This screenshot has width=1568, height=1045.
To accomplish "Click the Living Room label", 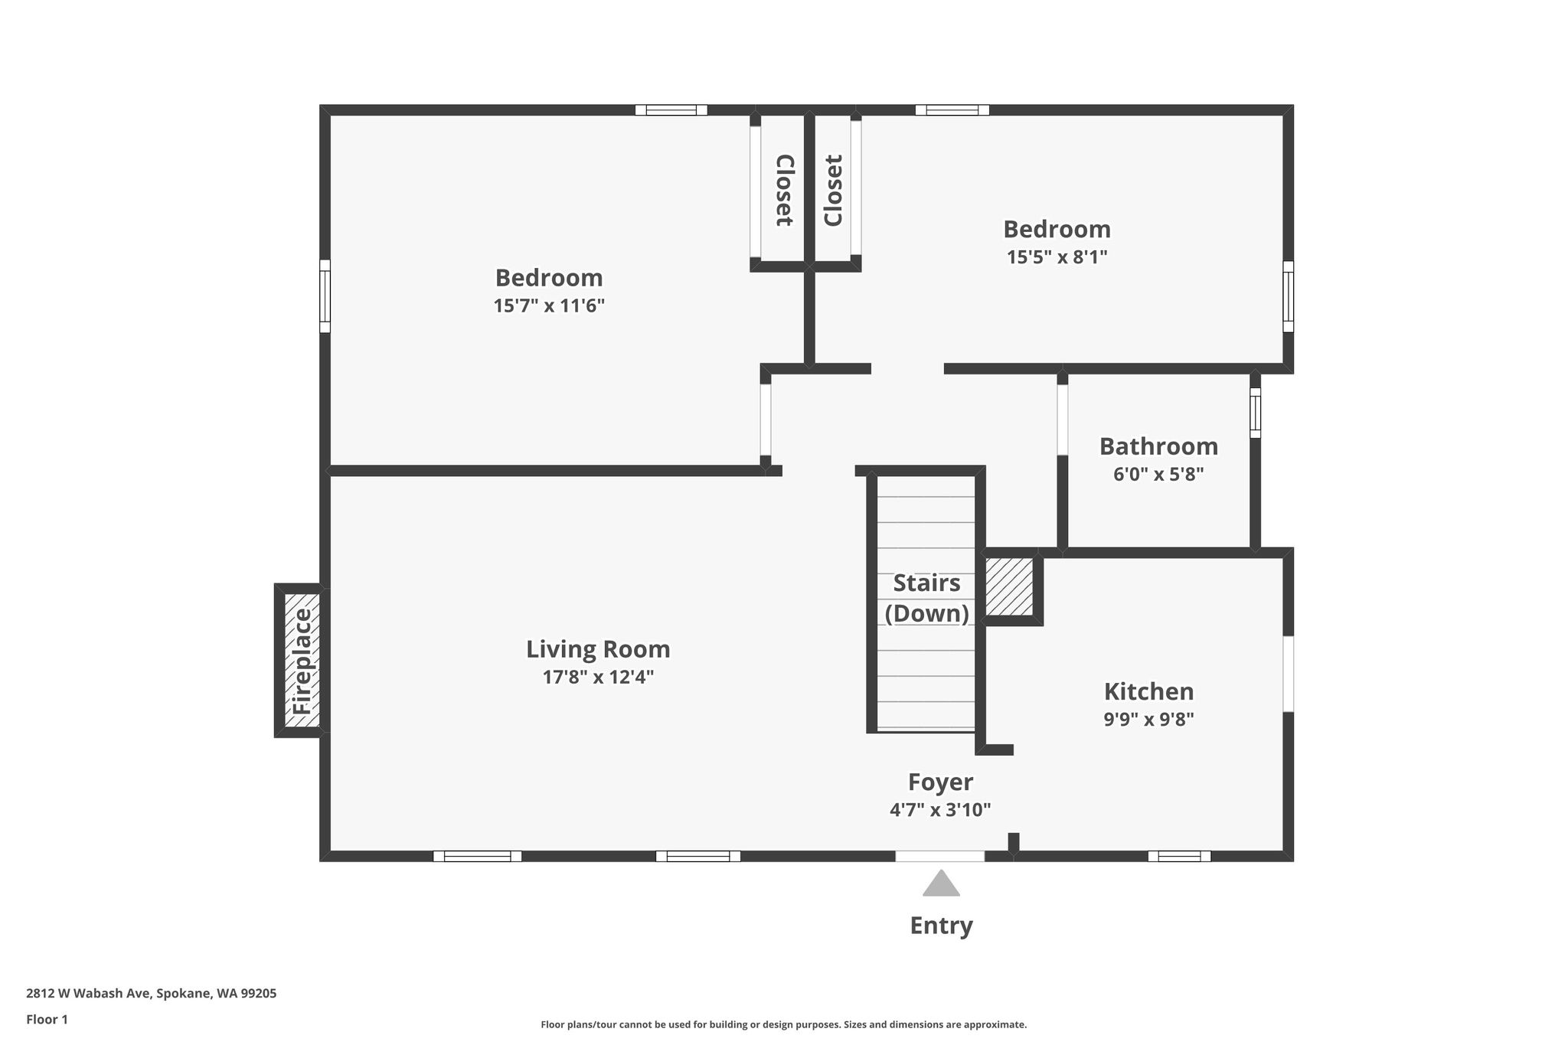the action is pos(598,649).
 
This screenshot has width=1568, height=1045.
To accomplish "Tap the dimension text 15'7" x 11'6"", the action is pos(549,306).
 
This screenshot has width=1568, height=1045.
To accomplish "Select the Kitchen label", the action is pos(1148,691).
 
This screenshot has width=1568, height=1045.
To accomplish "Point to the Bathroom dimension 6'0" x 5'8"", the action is pos(1158,475).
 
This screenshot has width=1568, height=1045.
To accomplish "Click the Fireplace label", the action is pos(303,661).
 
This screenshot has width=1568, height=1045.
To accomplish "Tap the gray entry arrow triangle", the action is pos(941,883).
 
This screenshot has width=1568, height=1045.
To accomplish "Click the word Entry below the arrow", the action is pos(941,926).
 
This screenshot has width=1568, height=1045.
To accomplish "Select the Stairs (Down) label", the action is pos(926,598).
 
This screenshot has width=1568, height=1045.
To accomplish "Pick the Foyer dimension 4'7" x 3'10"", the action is pos(940,810).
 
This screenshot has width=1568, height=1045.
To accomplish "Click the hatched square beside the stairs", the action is pos(1009,586).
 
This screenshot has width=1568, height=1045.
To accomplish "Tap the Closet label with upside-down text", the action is pos(784,191).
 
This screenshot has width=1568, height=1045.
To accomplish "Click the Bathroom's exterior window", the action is pos(1255,413).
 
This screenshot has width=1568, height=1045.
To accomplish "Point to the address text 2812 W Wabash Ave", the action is pos(90,994).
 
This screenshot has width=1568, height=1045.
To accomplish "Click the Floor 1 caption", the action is pos(47,1019).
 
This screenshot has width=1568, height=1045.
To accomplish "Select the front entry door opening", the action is pos(940,856).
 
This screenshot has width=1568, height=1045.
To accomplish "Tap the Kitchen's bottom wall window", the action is pos(1179,856).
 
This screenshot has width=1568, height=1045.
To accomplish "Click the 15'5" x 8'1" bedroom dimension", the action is pos(1057,257).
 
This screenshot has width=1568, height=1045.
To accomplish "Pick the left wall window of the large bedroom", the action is pos(325,296).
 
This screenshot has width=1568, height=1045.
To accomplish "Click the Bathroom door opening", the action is pos(1062,420).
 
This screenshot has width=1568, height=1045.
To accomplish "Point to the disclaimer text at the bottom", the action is pos(783,1024).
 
